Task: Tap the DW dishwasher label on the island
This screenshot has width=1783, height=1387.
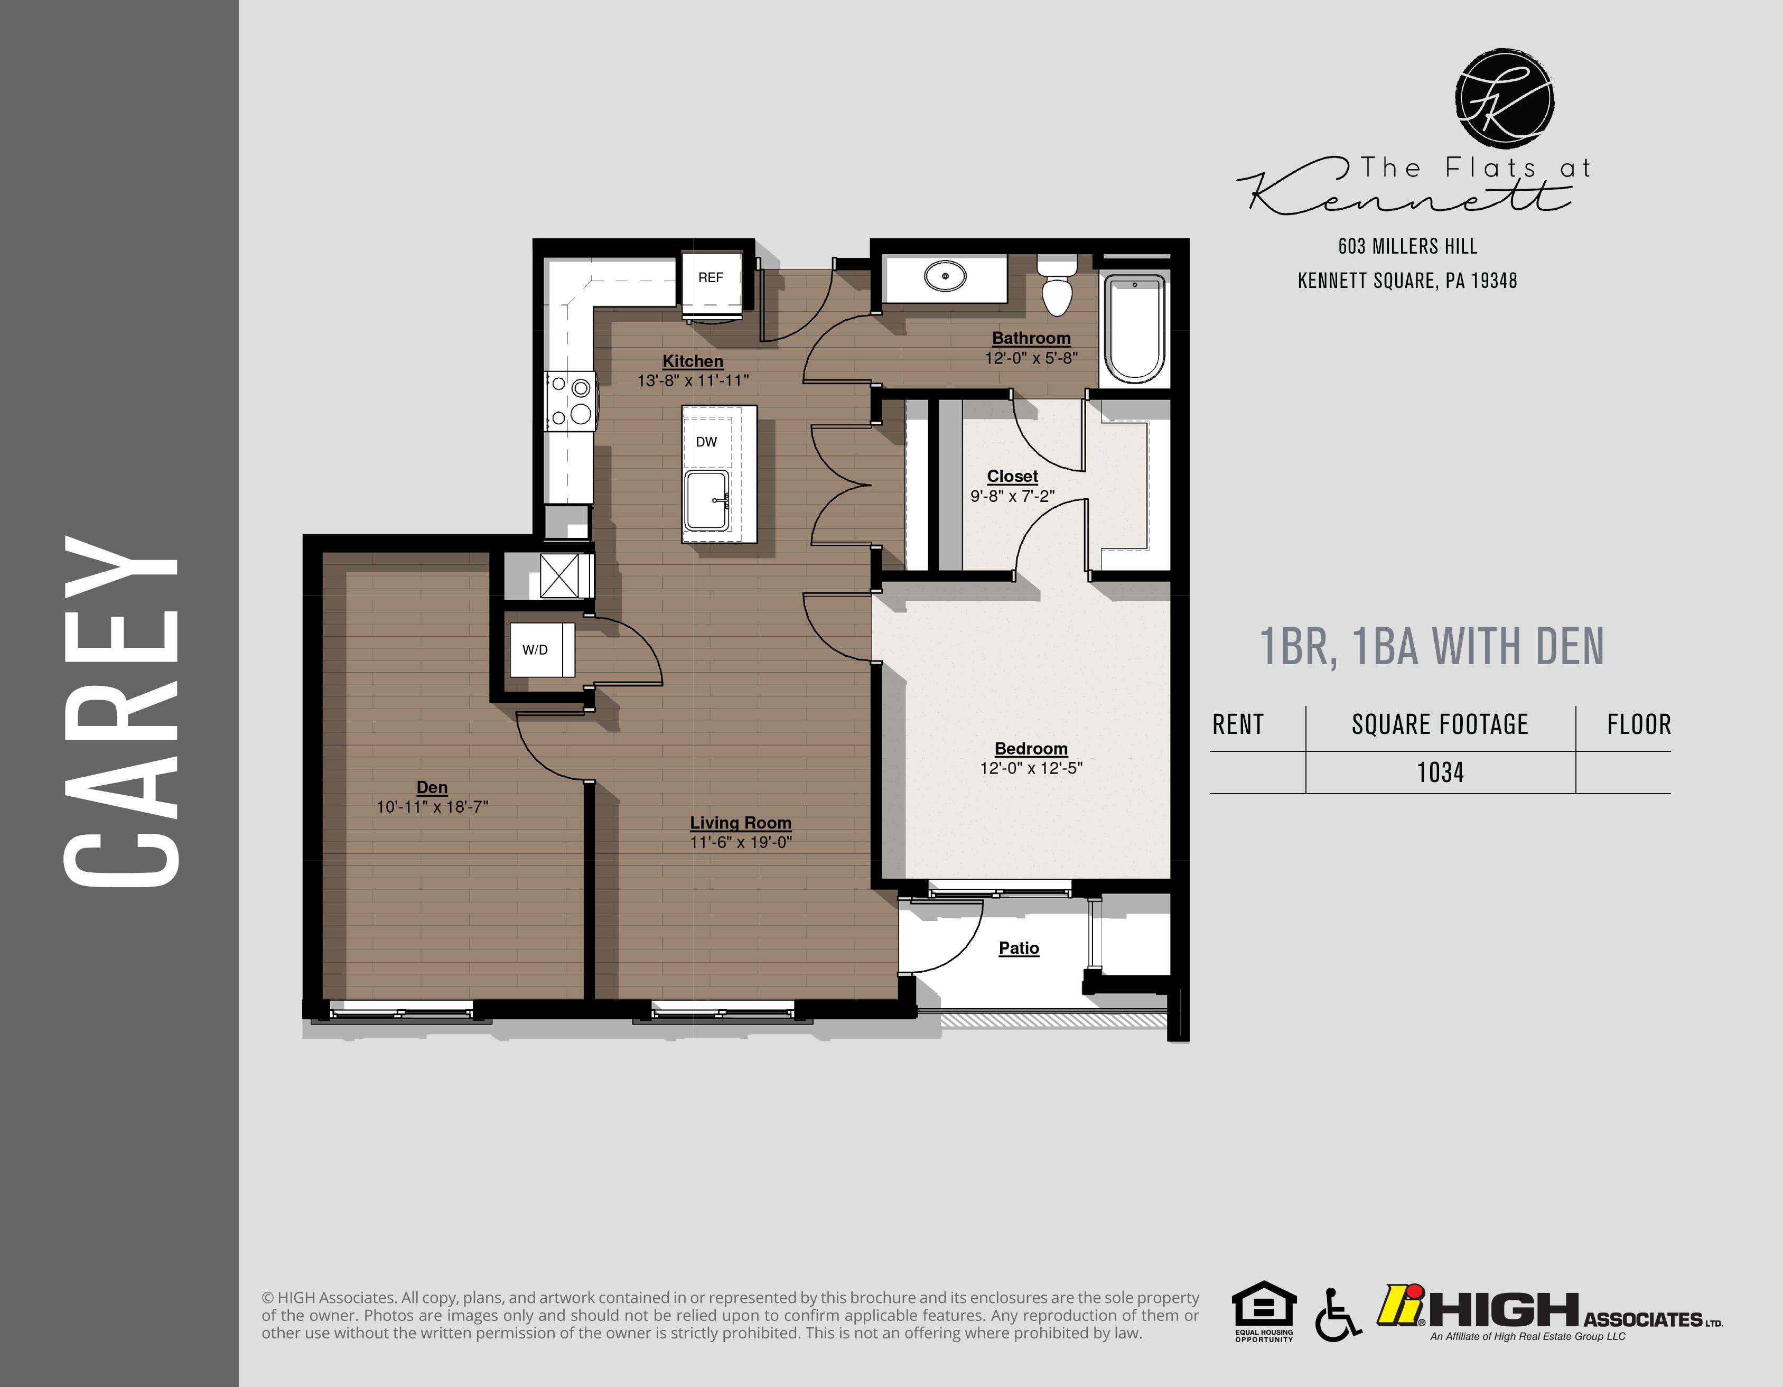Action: point(706,442)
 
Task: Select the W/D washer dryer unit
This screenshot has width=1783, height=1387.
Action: point(536,650)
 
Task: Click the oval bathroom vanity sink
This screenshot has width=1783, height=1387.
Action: point(945,277)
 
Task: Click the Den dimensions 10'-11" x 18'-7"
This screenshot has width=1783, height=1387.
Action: point(432,806)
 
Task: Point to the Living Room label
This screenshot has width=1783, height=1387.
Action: point(741,823)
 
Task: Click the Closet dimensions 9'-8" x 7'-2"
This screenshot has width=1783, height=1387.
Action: point(1012,496)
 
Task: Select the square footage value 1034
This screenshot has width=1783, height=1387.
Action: point(1440,772)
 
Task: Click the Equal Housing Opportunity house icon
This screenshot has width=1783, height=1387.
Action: point(1264,1306)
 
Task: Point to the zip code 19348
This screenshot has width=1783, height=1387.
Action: point(1494,281)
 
